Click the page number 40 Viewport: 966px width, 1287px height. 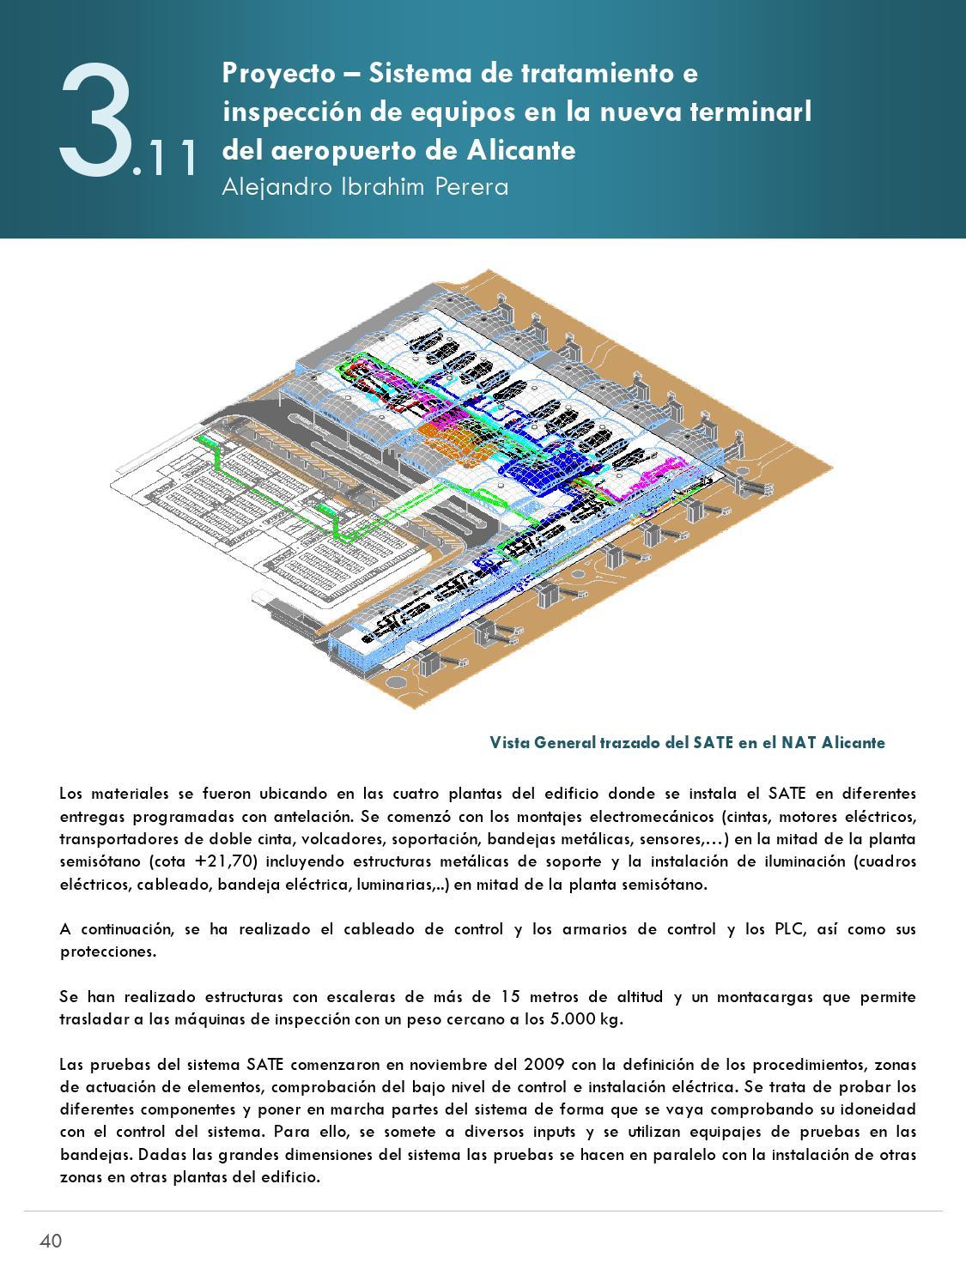pos(51,1241)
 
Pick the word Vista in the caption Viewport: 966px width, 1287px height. pos(510,742)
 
